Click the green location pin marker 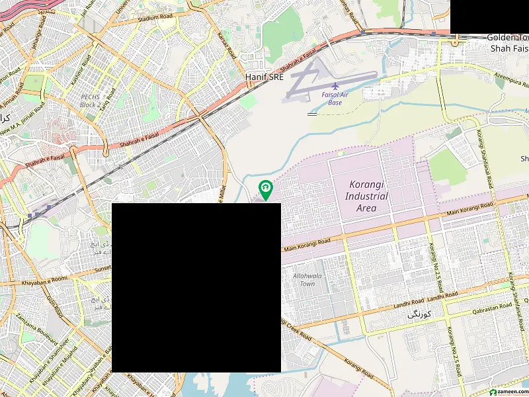coord(266,189)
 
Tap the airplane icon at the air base coord(335,86)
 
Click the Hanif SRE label coord(264,77)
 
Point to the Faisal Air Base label coord(335,99)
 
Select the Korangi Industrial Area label coord(366,197)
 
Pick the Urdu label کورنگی coord(419,315)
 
